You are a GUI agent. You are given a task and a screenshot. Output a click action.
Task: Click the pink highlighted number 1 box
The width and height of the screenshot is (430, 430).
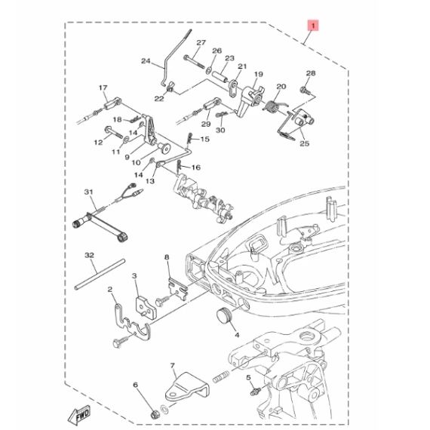pyautogui.click(x=313, y=25)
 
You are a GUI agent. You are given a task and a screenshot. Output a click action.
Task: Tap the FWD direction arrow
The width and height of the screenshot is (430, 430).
pyautogui.click(x=79, y=414)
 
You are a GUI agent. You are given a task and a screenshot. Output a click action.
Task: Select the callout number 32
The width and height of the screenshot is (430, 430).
pyautogui.click(x=90, y=255)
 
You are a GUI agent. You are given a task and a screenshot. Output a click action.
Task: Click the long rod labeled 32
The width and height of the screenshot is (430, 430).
pyautogui.click(x=100, y=275)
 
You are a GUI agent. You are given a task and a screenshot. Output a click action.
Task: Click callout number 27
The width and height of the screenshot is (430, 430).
pyautogui.click(x=201, y=43)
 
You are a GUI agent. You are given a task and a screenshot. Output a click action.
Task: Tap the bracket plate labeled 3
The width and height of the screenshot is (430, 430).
pyautogui.click(x=146, y=307)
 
